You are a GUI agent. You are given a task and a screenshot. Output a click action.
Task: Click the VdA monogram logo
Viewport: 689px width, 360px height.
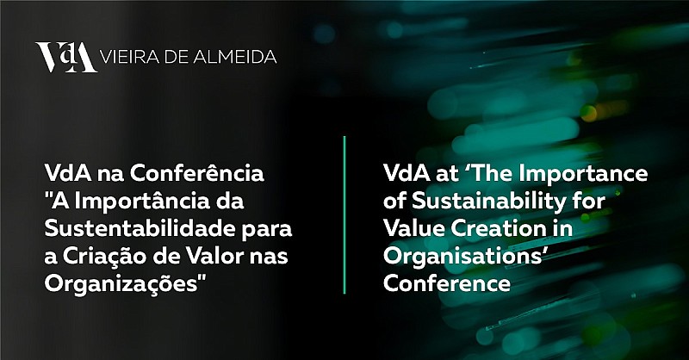click(x=66, y=57)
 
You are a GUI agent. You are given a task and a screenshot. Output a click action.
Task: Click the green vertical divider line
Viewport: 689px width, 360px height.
click(x=344, y=214)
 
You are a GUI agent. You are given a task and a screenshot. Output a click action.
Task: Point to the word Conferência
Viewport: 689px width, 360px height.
click(x=197, y=173)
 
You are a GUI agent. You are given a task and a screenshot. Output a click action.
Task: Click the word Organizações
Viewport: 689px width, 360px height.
click(x=121, y=284)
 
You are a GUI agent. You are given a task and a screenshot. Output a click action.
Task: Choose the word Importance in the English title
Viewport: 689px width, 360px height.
click(x=583, y=174)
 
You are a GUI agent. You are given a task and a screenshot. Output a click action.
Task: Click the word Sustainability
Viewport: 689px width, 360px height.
click(x=489, y=202)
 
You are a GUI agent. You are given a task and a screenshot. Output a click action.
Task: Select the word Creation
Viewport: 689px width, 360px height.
click(x=500, y=228)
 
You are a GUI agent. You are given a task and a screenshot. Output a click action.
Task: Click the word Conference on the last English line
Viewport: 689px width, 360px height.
click(x=447, y=283)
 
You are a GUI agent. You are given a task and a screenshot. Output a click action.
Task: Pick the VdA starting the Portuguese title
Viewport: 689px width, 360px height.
click(x=68, y=173)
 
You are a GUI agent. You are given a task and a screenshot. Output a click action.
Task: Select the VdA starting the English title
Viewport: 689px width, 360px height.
click(x=407, y=173)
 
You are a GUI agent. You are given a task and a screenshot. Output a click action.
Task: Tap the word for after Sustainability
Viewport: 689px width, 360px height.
click(x=589, y=201)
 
